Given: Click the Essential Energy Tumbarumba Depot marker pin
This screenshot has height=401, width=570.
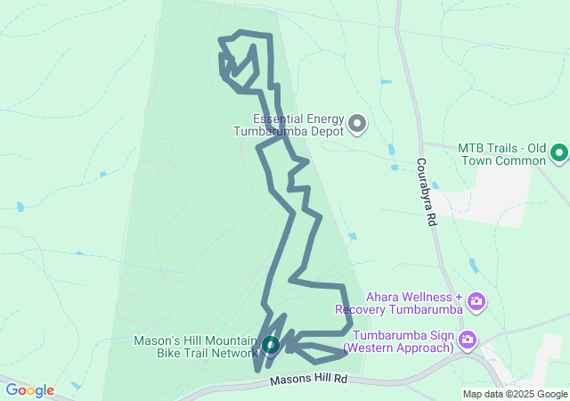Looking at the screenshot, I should [357, 124].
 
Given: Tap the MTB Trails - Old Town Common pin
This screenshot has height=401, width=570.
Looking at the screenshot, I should [559, 153].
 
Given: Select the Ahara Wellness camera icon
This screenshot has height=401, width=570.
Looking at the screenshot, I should [476, 301].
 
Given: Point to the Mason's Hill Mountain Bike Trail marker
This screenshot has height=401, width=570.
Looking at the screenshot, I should [271, 344].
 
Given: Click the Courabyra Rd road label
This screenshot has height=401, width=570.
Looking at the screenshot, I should [427, 192].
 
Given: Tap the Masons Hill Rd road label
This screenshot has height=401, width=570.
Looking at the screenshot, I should [308, 381].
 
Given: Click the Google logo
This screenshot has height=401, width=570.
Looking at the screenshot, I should [29, 390].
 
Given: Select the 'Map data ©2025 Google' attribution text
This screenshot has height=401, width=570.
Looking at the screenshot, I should [515, 394].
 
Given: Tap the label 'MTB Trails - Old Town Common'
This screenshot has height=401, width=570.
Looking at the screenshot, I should [501, 154].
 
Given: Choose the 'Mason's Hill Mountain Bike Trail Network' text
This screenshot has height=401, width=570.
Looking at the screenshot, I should [195, 346].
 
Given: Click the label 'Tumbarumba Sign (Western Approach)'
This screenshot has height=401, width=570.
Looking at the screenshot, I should [403, 341].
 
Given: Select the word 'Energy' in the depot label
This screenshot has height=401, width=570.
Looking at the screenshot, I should [323, 119].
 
